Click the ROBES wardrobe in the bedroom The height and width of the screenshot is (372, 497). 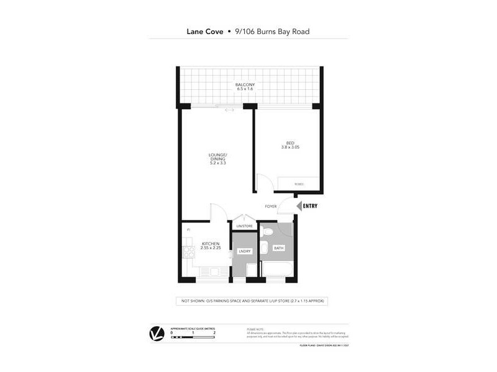pos(299,184)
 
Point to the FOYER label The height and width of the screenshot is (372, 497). pos(270,206)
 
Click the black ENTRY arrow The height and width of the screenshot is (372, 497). pos(298,206)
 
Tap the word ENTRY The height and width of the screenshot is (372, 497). pos(310,206)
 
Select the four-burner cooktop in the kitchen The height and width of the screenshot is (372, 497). pos(189,252)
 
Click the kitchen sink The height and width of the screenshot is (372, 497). pos(216,272)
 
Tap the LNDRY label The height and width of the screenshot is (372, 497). pos(244,251)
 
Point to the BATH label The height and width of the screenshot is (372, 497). pos(279,247)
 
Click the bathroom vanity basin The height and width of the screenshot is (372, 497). pos(263,249)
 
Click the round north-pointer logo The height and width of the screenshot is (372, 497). pos(157,334)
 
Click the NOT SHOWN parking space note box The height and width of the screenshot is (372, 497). pos(251,301)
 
